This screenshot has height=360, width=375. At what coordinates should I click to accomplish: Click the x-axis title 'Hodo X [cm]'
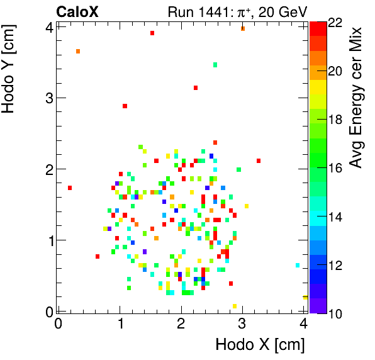click(260, 345)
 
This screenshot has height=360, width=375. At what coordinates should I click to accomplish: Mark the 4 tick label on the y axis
click(47, 27)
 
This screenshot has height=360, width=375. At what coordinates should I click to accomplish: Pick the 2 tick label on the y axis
click(47, 169)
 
